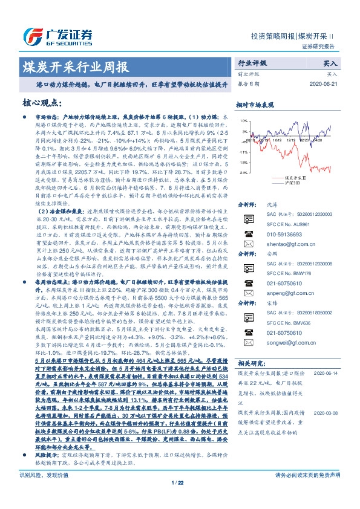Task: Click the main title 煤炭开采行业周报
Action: pyautogui.click(x=75, y=67)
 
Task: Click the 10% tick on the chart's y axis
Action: pyautogui.click(x=243, y=120)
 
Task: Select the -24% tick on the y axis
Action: pyautogui.click(x=243, y=172)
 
